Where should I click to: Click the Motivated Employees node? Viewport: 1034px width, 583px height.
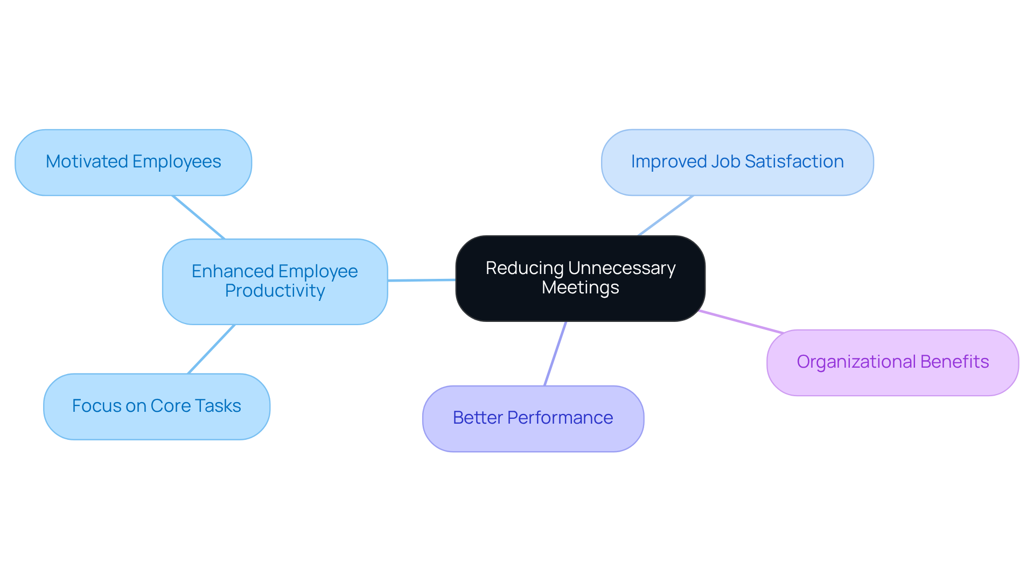[133, 162]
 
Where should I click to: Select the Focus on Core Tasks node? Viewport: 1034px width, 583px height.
[156, 406]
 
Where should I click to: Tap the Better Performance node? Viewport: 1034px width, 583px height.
[533, 418]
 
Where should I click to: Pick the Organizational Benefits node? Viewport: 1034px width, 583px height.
[892, 362]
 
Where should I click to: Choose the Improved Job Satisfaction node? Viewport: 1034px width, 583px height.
[737, 162]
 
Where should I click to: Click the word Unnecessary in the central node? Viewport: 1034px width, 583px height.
[621, 268]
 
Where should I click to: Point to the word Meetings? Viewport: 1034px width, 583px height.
[580, 287]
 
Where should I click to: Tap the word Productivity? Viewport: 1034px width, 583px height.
[275, 291]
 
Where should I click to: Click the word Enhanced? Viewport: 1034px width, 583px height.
[233, 271]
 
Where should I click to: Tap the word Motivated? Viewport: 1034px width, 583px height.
[86, 161]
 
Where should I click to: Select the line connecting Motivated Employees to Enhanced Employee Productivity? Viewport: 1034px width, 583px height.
[198, 217]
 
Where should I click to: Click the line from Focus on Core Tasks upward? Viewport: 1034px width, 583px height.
[211, 349]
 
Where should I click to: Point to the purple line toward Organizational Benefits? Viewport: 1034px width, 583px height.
[740, 322]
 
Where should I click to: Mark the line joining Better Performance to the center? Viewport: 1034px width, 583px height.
[555, 353]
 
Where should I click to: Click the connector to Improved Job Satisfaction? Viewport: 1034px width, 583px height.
[665, 215]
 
